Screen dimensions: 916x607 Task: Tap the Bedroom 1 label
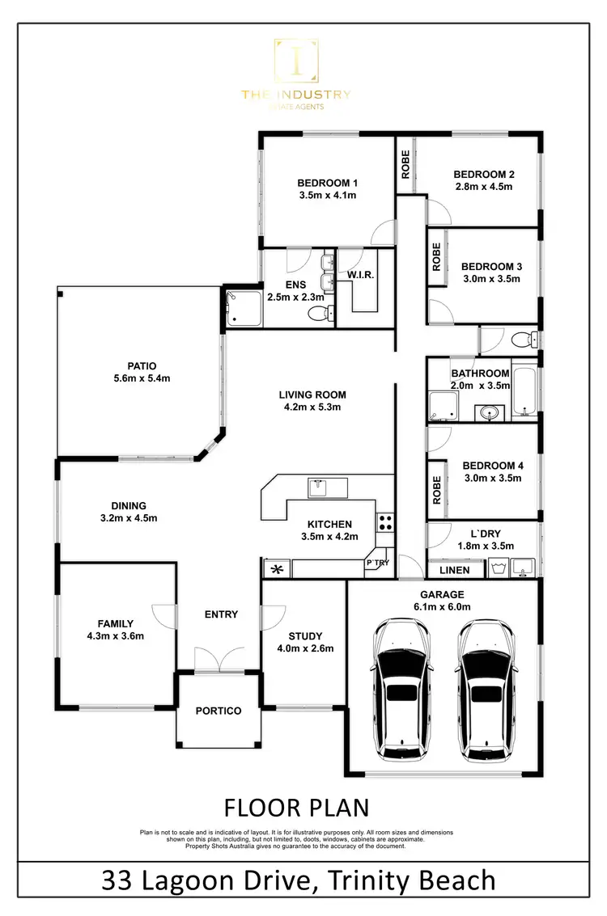coord(327,183)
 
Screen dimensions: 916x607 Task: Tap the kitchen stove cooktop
coord(385,522)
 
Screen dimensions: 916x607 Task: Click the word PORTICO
coord(219,711)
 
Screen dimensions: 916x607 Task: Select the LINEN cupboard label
coord(454,571)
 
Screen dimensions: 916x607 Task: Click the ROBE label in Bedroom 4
coord(437,483)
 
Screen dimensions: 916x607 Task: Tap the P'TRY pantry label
coord(378,562)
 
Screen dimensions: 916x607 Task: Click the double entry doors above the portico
coord(219,659)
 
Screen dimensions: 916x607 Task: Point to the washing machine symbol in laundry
coord(498,568)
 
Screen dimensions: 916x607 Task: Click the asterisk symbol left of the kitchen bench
coord(276,569)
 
